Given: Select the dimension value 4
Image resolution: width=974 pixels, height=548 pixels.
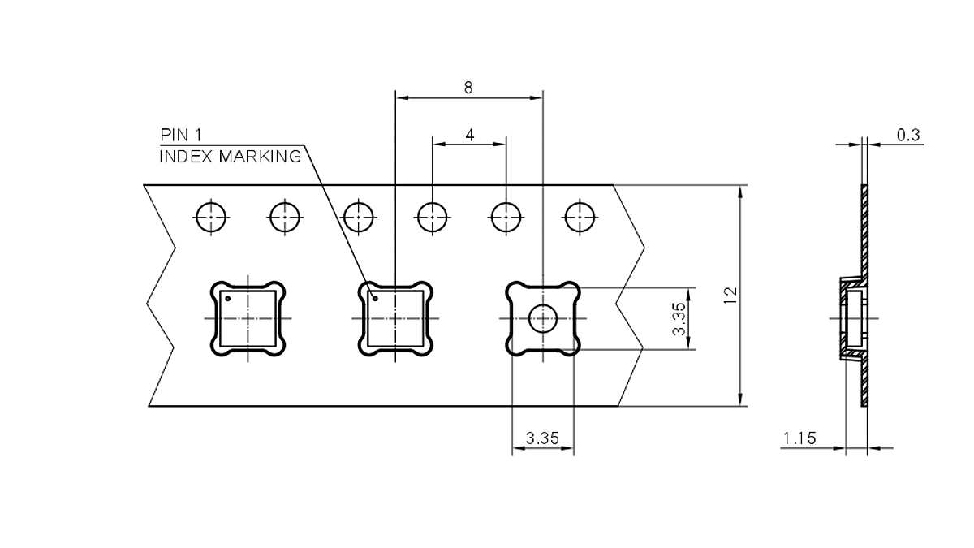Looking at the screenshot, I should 470,134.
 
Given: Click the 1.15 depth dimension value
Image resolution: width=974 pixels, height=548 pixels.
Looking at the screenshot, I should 799,439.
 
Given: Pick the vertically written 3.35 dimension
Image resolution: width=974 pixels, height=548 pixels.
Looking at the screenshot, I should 679,319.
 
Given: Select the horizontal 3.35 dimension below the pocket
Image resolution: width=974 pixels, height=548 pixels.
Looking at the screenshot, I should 542,438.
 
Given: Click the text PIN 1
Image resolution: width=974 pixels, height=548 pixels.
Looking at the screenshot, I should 180,135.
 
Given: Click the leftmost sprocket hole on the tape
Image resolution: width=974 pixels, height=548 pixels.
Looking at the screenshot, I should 212,217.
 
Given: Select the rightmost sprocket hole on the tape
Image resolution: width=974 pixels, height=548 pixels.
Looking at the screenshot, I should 580,217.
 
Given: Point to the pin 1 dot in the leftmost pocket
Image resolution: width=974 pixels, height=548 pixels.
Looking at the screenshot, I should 228,299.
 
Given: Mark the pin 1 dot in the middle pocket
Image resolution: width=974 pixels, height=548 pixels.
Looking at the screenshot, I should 375,299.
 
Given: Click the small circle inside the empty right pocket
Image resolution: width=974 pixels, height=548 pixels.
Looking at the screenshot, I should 542,319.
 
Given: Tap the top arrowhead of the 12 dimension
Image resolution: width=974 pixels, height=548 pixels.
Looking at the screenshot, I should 740,191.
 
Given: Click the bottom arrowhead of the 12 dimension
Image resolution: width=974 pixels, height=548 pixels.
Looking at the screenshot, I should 740,399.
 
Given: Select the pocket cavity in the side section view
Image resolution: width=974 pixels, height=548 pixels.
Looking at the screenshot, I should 852,318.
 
